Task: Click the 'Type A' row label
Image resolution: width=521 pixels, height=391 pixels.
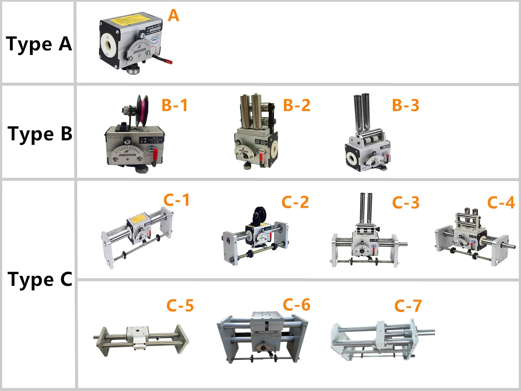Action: [39, 44]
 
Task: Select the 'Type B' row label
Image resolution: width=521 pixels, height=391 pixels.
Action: [40, 134]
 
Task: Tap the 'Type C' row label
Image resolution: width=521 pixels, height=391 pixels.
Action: [40, 279]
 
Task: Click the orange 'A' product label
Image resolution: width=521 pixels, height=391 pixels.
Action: [173, 16]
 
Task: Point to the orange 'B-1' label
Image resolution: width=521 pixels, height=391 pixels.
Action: [175, 105]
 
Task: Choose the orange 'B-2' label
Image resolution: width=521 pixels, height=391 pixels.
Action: [297, 105]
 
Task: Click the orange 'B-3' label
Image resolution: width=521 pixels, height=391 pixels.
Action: [406, 105]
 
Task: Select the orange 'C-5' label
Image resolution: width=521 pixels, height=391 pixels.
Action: [180, 305]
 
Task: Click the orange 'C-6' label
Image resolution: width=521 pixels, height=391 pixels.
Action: [297, 305]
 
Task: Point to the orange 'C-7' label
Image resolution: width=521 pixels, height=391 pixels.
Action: [408, 306]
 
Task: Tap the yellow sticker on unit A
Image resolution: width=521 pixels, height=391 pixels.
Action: [131, 20]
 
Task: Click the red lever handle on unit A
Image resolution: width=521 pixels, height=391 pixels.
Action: [164, 60]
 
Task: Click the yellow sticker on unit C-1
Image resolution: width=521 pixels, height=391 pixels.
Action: [138, 216]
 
